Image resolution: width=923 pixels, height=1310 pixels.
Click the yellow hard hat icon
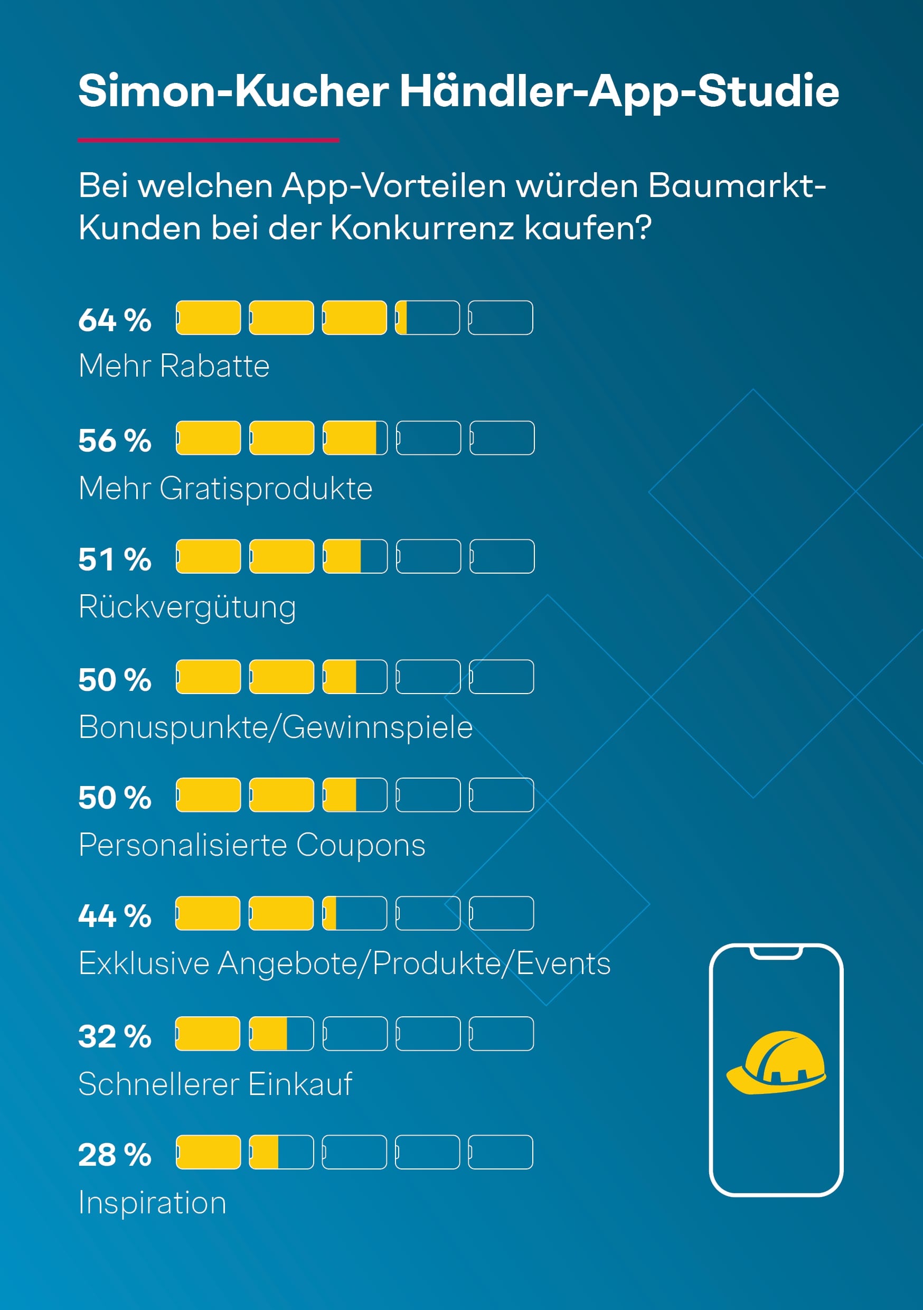(x=776, y=1062)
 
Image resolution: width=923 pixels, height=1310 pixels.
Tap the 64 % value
(x=115, y=320)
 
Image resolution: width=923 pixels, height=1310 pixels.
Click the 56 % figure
(x=115, y=441)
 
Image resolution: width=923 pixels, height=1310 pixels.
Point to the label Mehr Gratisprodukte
(x=225, y=489)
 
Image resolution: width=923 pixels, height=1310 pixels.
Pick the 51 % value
(x=115, y=559)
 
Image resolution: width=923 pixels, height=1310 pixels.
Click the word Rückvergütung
(x=187, y=606)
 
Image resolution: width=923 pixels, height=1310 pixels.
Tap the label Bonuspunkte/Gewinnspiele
(x=276, y=727)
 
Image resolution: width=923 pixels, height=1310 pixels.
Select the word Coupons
(x=361, y=845)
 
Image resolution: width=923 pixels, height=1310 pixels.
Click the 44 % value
(x=115, y=916)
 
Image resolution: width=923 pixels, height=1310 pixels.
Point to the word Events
(x=563, y=963)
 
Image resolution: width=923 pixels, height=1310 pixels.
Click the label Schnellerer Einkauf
(x=215, y=1084)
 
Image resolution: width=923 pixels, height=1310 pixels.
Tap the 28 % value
(x=115, y=1154)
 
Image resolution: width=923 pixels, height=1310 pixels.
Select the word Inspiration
(x=152, y=1203)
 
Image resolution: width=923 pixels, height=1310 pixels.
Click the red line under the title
(x=208, y=140)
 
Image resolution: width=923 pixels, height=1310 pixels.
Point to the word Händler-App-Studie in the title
(x=619, y=91)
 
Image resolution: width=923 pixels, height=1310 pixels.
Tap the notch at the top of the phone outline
(x=776, y=952)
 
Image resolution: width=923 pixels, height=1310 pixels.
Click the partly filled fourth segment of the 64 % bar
(x=427, y=318)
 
